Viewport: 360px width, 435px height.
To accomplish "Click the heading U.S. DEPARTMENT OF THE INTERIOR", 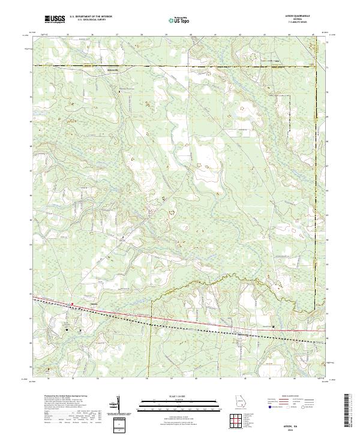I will (x=90, y=18).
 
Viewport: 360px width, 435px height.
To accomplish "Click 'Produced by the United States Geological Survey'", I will (x=66, y=397).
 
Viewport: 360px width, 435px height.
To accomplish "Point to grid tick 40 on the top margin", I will (x=190, y=35).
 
